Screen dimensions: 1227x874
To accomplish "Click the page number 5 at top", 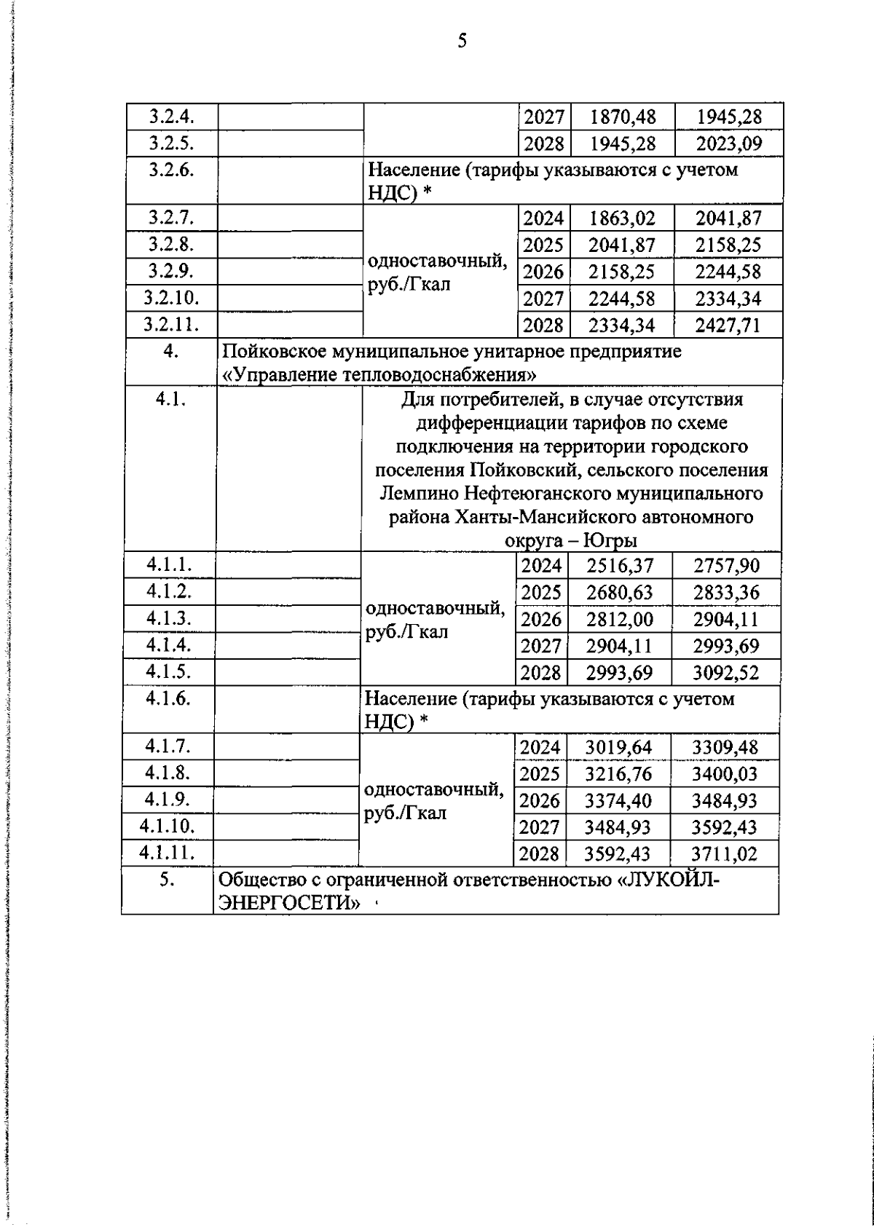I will pos(462,41).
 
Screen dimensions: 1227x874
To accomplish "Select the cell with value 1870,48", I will pos(623,117).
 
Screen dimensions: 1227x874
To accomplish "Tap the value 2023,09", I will pos(728,143).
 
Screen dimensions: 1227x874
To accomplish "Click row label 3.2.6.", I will pos(170,170).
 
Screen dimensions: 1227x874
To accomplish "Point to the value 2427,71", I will pos(728,325).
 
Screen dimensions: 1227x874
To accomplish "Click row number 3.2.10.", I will pos(171,298).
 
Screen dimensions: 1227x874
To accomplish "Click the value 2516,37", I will pos(620,566).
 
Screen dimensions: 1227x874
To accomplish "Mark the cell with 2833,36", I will pos(725,593).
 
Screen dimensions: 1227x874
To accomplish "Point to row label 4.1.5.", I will pos(168,671).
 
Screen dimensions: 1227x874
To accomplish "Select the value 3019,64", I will pos(618,747).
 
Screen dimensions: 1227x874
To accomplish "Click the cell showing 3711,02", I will pos(724,853).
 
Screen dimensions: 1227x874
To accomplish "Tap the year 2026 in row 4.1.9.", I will pos(540,801).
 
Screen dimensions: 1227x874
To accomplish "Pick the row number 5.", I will pos(168,879).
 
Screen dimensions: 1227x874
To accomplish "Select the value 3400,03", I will pos(724,774).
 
